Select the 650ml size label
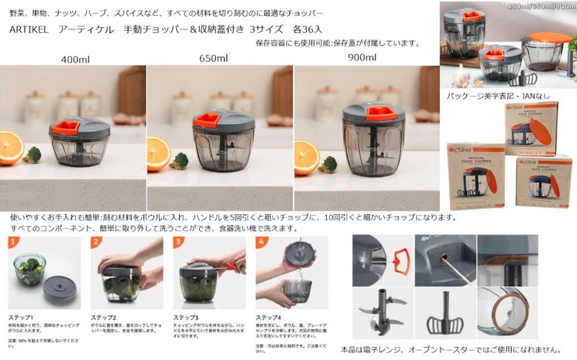(213, 58)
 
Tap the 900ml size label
(362, 57)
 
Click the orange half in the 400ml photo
(11, 148)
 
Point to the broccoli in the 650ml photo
(179, 160)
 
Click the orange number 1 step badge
(14, 241)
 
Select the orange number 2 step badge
(97, 241)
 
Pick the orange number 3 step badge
(179, 241)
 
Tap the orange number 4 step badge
(262, 241)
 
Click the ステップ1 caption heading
(21, 317)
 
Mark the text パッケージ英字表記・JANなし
(499, 95)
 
